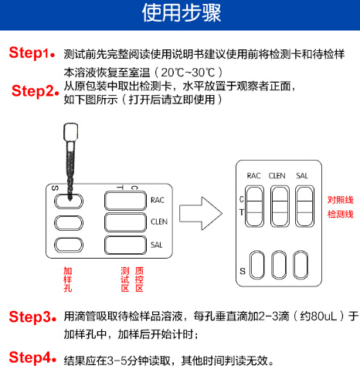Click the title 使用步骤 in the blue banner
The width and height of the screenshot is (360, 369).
coord(180,14)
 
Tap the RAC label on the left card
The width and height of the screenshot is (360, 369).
coord(158,201)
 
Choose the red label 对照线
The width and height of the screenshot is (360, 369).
coord(340,197)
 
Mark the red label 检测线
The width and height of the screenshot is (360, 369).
coord(340,214)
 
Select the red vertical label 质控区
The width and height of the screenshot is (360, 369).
coord(139,279)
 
